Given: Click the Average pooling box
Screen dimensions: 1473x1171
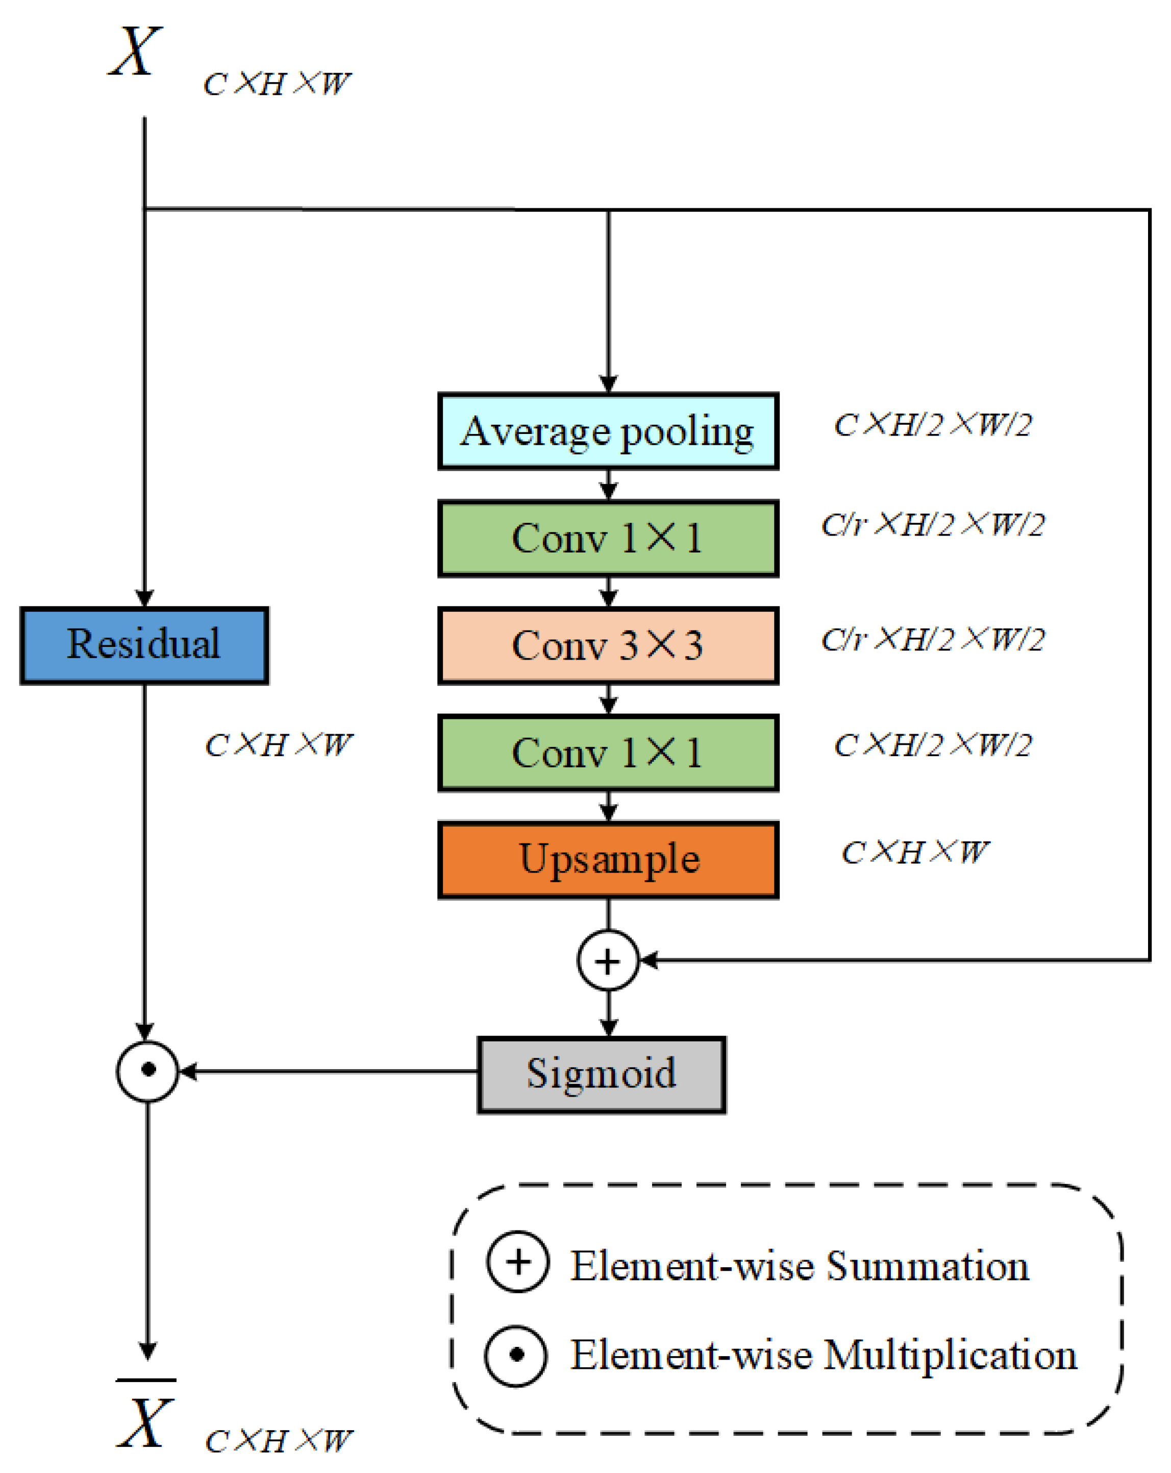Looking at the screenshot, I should pos(608,431).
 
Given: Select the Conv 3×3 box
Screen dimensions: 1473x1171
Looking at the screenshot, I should pos(608,645).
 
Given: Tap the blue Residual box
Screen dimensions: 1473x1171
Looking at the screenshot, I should pos(144,645).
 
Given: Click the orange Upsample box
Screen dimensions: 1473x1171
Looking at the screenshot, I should pos(608,859).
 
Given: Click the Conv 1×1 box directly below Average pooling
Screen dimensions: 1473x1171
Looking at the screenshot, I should pos(608,538).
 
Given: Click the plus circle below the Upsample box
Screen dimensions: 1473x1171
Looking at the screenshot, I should pos(608,960).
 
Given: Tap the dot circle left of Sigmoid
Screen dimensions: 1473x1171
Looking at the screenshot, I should pos(147,1071).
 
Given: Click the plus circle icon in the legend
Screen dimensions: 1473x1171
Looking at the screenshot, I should pos(517,1261).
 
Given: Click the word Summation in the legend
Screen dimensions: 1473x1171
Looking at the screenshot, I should pos(927,1266).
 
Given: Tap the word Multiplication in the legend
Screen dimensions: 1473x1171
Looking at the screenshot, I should pos(951,1355).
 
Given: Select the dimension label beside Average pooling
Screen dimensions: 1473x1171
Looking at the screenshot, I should pos(933,424).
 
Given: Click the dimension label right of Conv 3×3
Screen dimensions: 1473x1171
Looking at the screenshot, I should pos(933,639).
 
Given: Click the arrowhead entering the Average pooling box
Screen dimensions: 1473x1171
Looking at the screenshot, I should pos(608,383).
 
